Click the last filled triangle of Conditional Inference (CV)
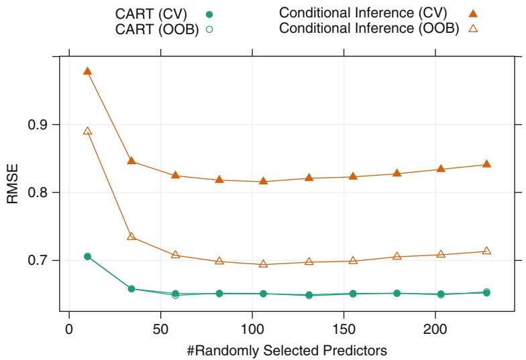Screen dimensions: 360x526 click(486, 164)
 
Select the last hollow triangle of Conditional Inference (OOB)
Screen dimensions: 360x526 click(486, 251)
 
